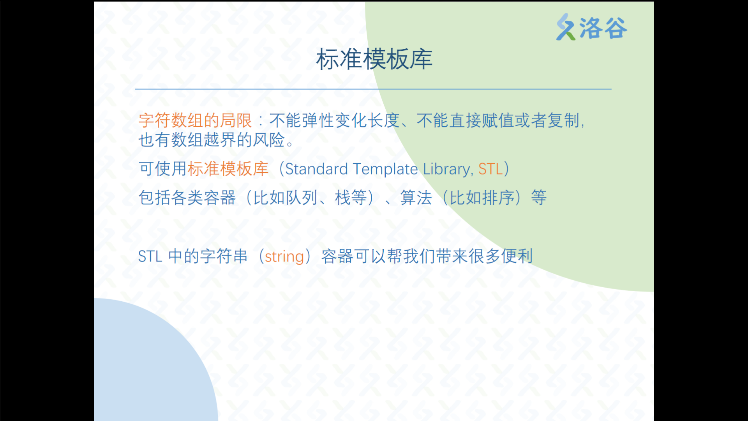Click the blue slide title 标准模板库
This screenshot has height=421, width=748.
[x=374, y=59]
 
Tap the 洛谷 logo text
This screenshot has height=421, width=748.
[x=603, y=28]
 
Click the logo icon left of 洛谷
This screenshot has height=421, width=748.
[x=566, y=27]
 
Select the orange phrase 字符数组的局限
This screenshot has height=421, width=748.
[x=195, y=120]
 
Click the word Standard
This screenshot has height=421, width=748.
[x=316, y=169]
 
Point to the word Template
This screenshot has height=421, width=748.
[x=385, y=170]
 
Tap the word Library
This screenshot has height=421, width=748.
[x=448, y=170]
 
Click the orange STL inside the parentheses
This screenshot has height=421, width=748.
[x=490, y=169]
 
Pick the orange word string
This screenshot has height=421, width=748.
[x=284, y=257]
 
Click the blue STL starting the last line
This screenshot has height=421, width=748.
[x=150, y=256]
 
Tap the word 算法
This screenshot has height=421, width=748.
[x=416, y=198]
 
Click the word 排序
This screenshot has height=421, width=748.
[x=499, y=198]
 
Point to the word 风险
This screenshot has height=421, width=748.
[x=269, y=140]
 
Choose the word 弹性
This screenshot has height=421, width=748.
[x=318, y=120]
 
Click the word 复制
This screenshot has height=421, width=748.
[x=564, y=120]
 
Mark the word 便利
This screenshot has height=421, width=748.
[x=517, y=256]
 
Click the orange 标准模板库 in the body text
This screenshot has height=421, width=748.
[x=228, y=169]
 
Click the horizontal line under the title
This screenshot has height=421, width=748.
[x=373, y=89]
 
